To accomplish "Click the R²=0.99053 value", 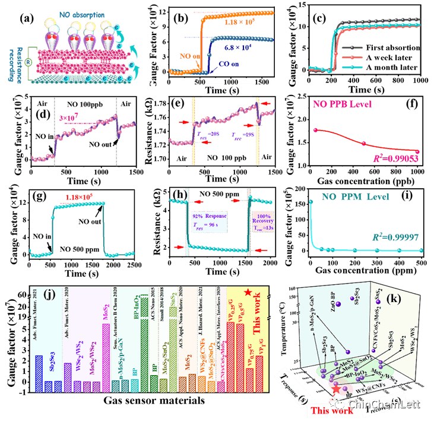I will pyautogui.click(x=392, y=160).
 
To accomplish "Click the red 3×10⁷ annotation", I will pyautogui.click(x=69, y=119).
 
